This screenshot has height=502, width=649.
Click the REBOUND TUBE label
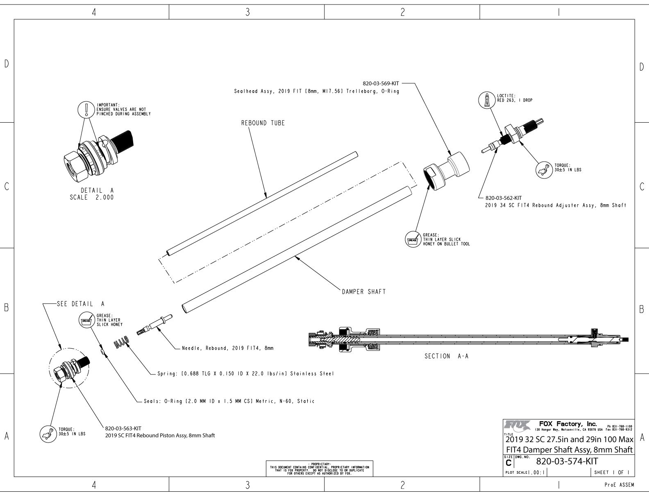pyautogui.click(x=263, y=123)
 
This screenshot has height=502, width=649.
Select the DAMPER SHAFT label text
pyautogui.click(x=363, y=292)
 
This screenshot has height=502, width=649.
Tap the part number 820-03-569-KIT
pyautogui.click(x=381, y=83)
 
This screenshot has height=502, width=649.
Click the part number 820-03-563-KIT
pyautogui.click(x=123, y=429)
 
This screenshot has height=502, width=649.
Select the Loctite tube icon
pyautogui.click(x=487, y=100)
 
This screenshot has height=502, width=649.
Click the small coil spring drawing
pyautogui.click(x=122, y=342)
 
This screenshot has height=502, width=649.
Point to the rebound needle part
pyautogui.click(x=155, y=324)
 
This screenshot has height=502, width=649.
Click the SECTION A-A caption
pyautogui.click(x=446, y=356)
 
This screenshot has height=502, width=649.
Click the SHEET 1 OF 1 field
pyautogui.click(x=611, y=472)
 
